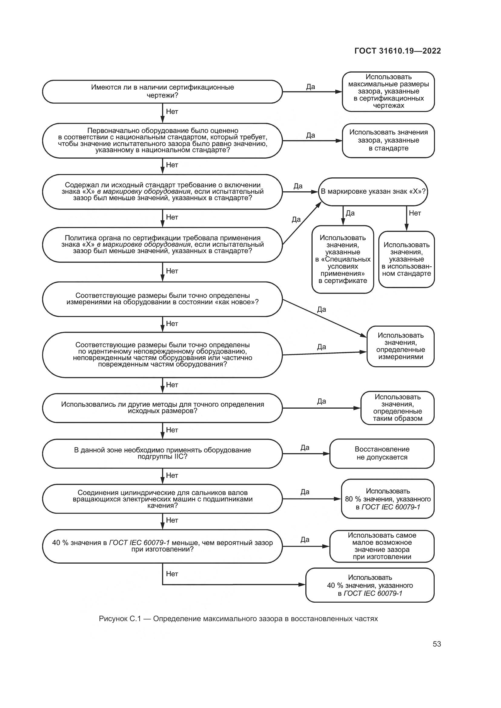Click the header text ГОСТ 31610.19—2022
pos(397,51)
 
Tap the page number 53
pos(436,644)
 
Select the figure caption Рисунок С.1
pos(238,619)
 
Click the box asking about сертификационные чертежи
pos(162,92)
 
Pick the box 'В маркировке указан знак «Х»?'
pos(373,192)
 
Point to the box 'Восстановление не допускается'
pos(382,453)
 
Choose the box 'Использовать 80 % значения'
pos(387,499)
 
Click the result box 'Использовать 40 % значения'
pos(370,585)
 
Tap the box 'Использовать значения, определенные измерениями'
pos(400,346)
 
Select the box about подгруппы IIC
pos(162,453)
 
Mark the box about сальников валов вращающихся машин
pos(162,499)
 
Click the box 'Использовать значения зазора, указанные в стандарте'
pos(388,140)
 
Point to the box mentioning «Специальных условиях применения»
pos(343,259)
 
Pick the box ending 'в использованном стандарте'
pos(406,259)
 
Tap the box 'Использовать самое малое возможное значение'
pos(382,546)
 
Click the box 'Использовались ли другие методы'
pos(162,408)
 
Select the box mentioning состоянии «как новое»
pos(162,299)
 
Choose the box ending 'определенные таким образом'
pos(397,408)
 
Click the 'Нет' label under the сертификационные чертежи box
pos(172,112)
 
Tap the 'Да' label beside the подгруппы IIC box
pos(305,447)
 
